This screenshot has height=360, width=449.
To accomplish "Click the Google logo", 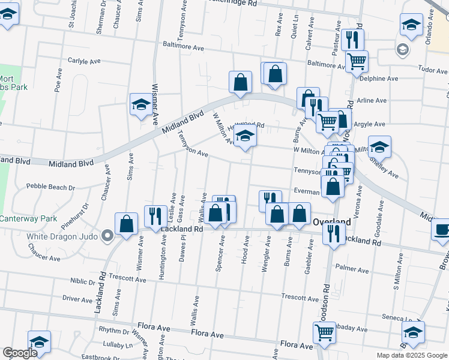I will point(19,353).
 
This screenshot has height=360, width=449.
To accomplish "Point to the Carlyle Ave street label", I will point(84,61).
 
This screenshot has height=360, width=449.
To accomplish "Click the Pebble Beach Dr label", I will point(51,187).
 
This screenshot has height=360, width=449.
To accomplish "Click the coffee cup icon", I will point(442,230).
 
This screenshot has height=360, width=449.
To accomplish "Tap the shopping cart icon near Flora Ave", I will point(324,331).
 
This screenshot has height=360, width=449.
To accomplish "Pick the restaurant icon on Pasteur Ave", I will point(352,40).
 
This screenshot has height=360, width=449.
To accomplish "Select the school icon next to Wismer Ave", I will point(140,105).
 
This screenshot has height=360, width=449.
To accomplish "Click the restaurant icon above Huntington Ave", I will point(155,216).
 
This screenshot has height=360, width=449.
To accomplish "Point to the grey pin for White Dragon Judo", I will point(107,235).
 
